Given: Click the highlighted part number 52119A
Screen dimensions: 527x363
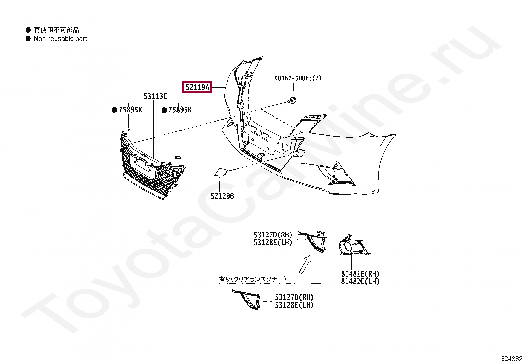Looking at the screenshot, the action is tap(197, 87).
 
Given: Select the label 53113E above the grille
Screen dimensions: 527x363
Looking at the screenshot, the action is tap(155, 96).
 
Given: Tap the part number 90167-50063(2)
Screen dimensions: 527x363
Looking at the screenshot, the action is tap(298, 78).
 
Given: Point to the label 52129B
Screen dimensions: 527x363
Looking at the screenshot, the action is tap(222, 196).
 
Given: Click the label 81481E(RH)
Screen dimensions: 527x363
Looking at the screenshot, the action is tap(360, 274).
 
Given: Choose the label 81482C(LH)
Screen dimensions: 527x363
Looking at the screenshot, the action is tap(360, 282).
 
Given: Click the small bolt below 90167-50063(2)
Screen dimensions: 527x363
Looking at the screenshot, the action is tap(292, 100).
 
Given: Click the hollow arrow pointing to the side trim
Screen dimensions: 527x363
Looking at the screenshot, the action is tap(305, 264).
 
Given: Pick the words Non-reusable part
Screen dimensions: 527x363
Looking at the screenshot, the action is tap(61, 39).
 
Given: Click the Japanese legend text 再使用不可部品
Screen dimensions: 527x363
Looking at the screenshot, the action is tap(57, 30).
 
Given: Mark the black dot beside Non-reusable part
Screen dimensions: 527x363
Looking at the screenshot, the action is tap(28, 39).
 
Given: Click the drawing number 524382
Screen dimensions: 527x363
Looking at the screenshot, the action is tap(512, 359).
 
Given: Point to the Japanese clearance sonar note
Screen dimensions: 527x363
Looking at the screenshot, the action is tap(253, 279).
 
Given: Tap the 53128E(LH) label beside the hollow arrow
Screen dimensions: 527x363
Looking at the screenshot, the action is tap(273, 243).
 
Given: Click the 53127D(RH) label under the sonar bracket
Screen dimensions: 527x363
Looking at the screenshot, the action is tap(294, 297).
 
